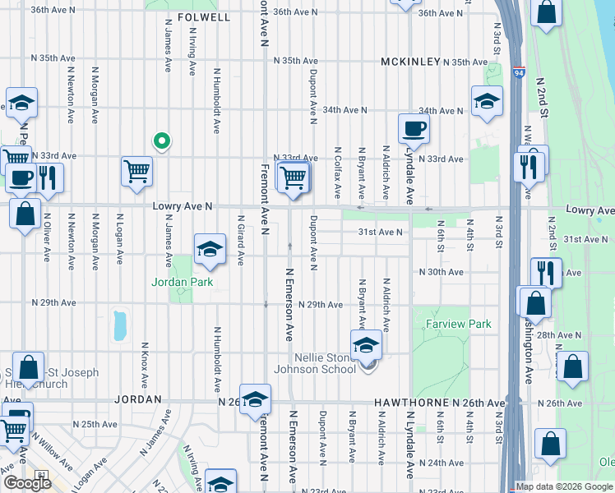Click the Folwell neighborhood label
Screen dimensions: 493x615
coord(203,16)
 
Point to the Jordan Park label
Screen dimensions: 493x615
coord(182,282)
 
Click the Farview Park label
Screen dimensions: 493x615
coord(458,324)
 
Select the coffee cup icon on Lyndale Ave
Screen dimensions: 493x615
coord(414,129)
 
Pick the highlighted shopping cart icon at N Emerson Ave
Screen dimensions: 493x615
coord(294,177)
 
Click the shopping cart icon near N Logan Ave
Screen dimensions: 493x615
coord(136,172)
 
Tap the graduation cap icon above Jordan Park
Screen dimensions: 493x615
coord(210,249)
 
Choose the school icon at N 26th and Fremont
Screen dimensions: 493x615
coord(256,399)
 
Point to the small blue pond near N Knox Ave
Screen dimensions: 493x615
coord(121,325)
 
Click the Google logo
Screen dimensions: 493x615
coord(27,482)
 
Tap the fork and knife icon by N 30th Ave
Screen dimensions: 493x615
coord(545,272)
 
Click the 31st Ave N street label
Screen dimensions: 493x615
coord(379,232)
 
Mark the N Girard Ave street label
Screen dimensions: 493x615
coord(241,241)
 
